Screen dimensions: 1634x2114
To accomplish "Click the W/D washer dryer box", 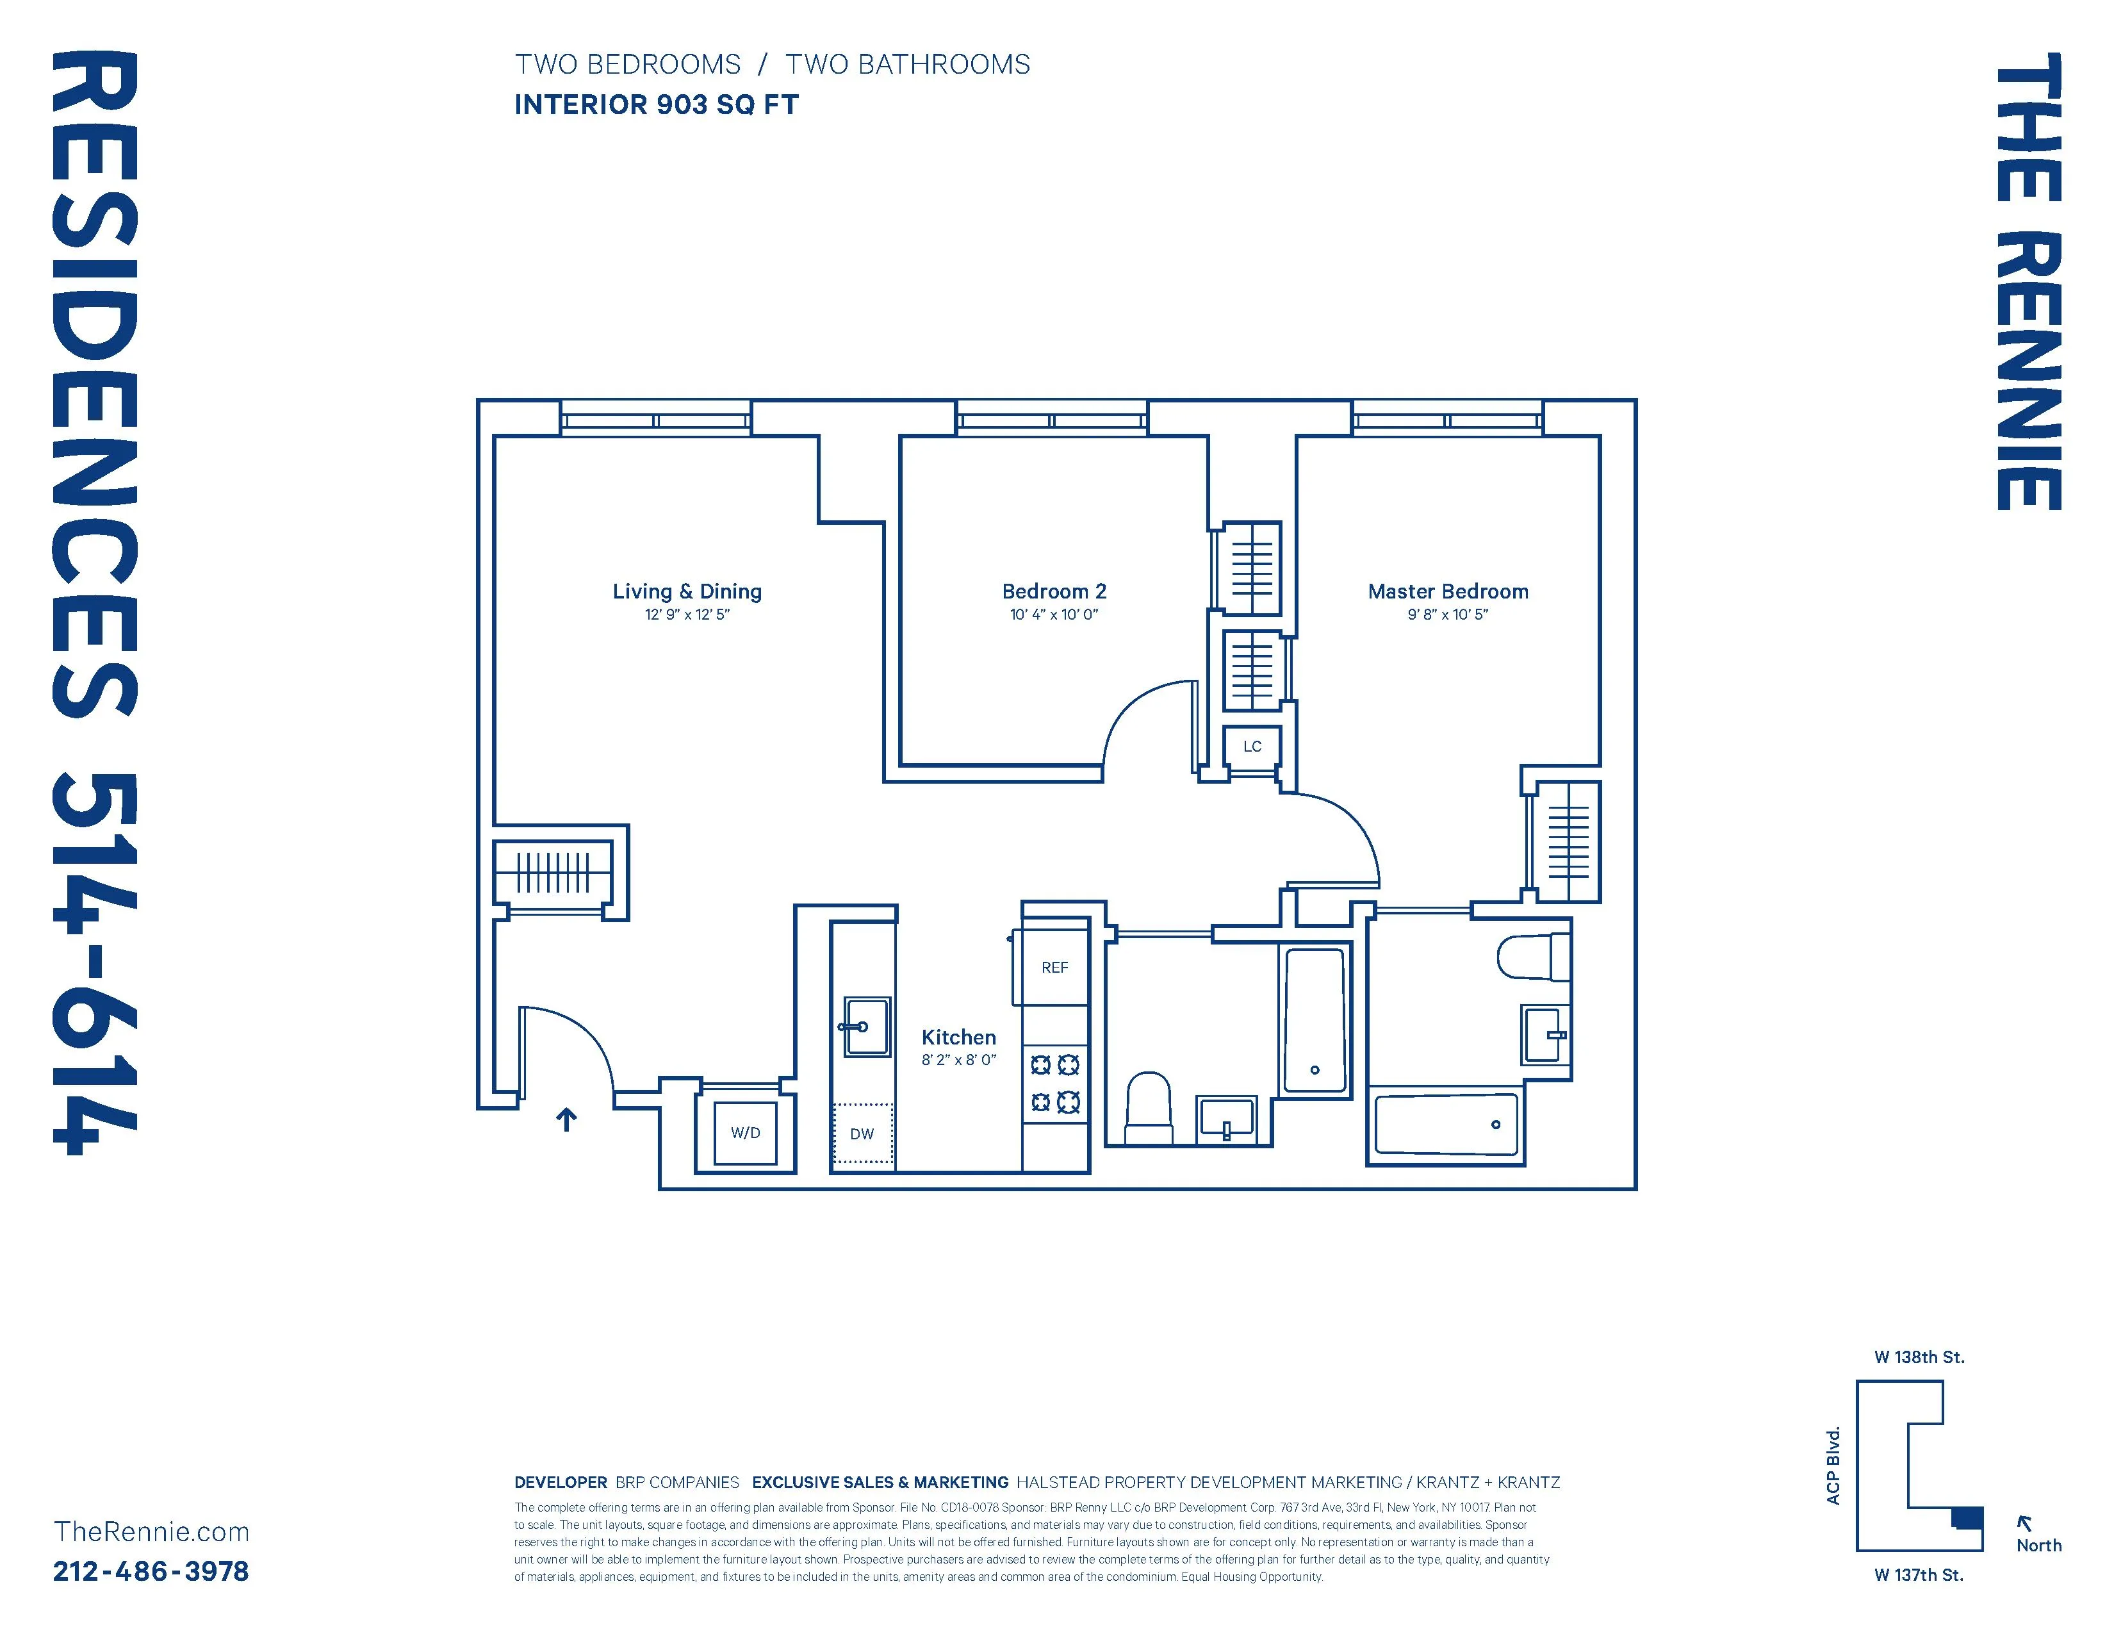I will [x=744, y=1132].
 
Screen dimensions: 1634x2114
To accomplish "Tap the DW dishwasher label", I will [x=862, y=1134].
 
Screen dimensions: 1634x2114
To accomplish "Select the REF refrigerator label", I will [x=1054, y=967].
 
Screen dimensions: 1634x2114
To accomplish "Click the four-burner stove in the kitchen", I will [x=1054, y=1083].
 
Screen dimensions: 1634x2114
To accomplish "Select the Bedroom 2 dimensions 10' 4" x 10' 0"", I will [x=1053, y=615].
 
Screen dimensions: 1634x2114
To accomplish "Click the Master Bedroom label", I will [x=1447, y=591].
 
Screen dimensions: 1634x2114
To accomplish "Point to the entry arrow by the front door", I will [x=566, y=1120].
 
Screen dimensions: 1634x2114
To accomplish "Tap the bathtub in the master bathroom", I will [x=1445, y=1125].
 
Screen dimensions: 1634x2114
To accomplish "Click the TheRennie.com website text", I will [x=151, y=1532].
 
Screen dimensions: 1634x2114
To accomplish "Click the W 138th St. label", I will [x=1919, y=1357].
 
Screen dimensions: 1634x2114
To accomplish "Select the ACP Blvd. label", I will [x=1832, y=1465].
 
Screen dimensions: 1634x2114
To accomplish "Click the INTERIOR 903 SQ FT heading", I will [x=655, y=104].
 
